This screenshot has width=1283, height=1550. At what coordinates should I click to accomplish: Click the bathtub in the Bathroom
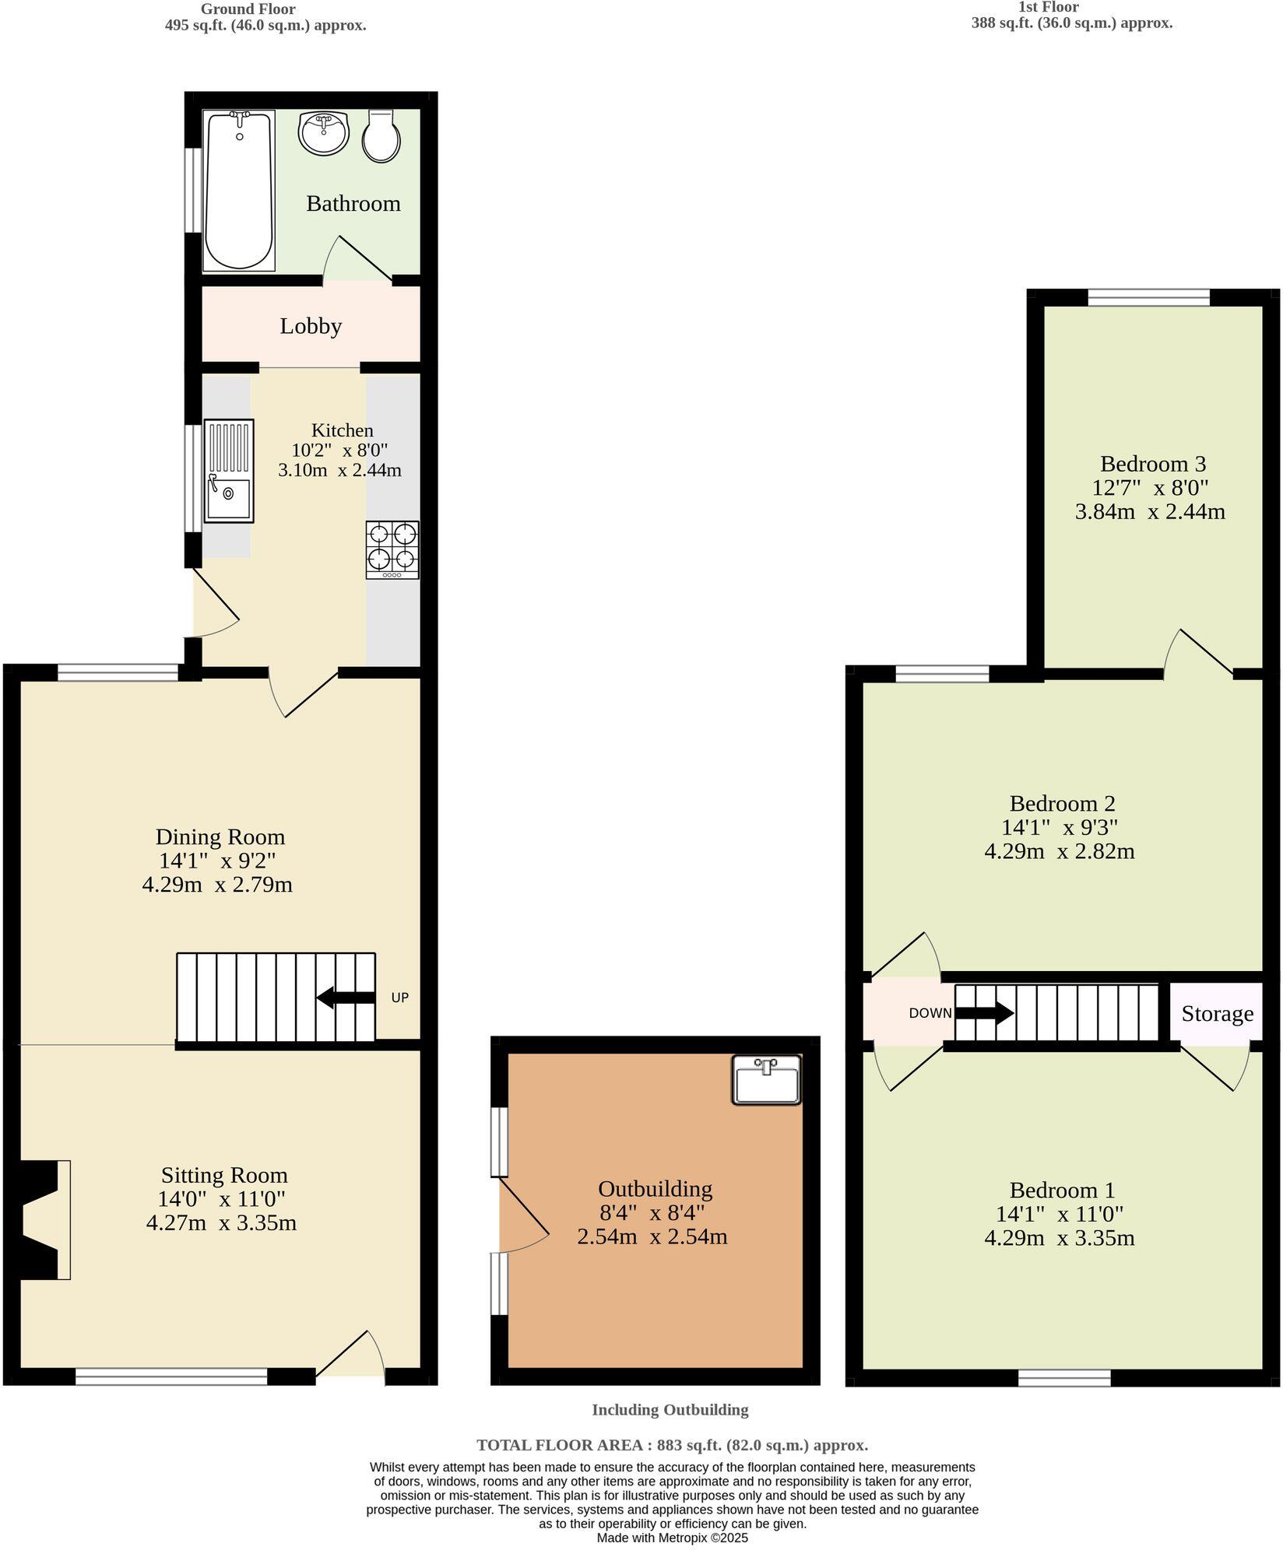point(239,191)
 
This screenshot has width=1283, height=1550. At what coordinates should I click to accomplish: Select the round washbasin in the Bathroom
point(322,133)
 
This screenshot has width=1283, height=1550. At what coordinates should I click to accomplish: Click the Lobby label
point(311,326)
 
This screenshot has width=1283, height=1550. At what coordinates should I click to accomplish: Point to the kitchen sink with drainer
point(229,471)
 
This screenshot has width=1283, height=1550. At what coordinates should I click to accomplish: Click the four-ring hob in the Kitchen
point(392,549)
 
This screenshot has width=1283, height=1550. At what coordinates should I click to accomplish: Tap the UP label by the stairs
point(399,998)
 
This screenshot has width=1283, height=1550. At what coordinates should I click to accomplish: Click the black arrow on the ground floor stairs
point(346,998)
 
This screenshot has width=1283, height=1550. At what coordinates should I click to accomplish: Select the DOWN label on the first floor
point(930,1013)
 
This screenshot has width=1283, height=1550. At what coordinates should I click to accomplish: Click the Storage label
point(1217,1014)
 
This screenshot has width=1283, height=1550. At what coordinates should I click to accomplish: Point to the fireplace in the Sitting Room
point(43,1219)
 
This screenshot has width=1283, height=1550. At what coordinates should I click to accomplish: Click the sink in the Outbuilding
point(766,1079)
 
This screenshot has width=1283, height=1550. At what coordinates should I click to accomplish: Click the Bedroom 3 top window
point(1148,297)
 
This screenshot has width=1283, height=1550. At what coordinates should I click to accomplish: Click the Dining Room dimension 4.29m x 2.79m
point(217,885)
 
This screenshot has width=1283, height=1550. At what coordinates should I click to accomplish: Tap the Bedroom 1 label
point(1062,1190)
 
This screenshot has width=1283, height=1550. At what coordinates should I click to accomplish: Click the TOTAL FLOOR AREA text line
point(672,1445)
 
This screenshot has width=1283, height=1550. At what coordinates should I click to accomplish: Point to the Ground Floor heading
point(248,9)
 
